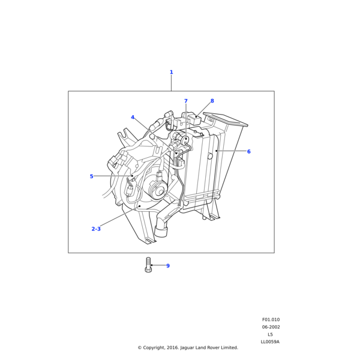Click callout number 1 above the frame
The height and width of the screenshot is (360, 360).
171,72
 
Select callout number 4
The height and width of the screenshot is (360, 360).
133,118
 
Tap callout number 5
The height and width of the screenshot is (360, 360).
91,176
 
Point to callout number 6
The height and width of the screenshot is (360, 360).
248,152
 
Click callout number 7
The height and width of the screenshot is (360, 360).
186,101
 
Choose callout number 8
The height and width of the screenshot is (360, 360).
212,101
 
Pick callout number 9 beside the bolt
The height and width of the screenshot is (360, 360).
168,266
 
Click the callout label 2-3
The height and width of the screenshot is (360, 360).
96,229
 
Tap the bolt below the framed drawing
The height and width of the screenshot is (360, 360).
148,265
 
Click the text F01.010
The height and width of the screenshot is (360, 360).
271,320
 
